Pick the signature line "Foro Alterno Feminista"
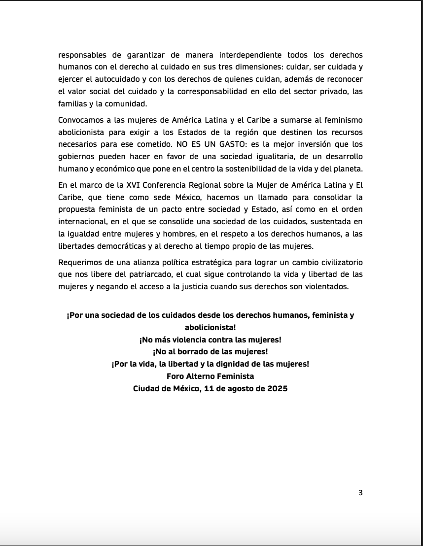tap(211, 376)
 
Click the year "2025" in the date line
tap(276, 388)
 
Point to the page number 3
tap(360, 493)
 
